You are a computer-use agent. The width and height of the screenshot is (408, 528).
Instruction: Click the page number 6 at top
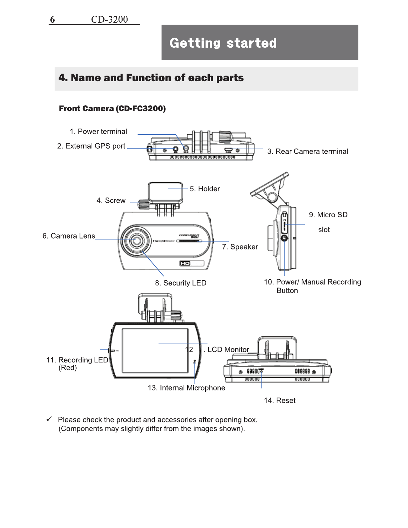(x=52, y=20)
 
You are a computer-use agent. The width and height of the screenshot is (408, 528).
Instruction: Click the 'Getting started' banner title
(x=223, y=43)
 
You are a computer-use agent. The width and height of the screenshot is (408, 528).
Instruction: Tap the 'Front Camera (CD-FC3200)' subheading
(x=112, y=109)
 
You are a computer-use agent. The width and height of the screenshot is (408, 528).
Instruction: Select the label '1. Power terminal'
(x=98, y=132)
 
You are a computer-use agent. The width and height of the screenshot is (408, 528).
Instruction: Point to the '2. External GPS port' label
(x=91, y=146)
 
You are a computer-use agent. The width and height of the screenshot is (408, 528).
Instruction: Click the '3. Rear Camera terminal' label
(x=307, y=152)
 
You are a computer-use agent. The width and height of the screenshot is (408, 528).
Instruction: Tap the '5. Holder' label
(x=204, y=189)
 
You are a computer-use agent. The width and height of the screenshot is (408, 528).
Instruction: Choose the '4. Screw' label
(x=111, y=201)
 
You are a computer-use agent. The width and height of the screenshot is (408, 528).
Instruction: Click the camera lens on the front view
(x=136, y=240)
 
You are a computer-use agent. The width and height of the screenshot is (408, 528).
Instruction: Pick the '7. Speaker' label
(x=240, y=247)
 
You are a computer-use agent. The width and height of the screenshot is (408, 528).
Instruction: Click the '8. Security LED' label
(x=181, y=283)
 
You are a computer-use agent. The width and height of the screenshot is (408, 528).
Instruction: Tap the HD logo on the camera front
(x=185, y=264)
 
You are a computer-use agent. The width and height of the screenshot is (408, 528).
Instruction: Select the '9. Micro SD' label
(x=328, y=215)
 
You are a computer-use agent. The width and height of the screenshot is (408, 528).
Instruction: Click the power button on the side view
(x=284, y=238)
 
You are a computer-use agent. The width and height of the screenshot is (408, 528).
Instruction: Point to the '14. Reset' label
(x=279, y=400)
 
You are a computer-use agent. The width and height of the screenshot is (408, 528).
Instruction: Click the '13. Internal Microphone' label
(x=186, y=388)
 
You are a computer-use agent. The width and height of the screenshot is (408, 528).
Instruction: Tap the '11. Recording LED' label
(x=77, y=360)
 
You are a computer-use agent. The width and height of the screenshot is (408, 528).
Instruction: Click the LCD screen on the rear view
(x=155, y=350)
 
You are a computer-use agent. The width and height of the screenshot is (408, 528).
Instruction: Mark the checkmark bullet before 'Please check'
(x=49, y=419)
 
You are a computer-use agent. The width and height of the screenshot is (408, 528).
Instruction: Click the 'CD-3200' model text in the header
(x=109, y=20)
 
